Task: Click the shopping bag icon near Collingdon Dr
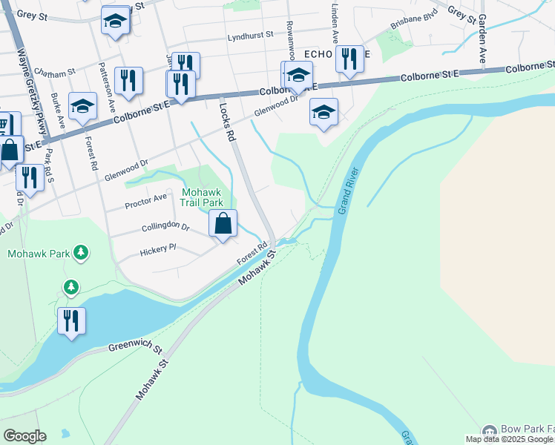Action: coord(223,223)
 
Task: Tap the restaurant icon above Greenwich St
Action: coord(71,321)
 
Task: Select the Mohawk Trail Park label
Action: coord(202,197)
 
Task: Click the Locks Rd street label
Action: coord(227,122)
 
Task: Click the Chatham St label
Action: coord(56,73)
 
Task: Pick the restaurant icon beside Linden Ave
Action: coord(349,58)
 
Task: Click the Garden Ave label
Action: coord(482,38)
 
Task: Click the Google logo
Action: coord(24,436)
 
